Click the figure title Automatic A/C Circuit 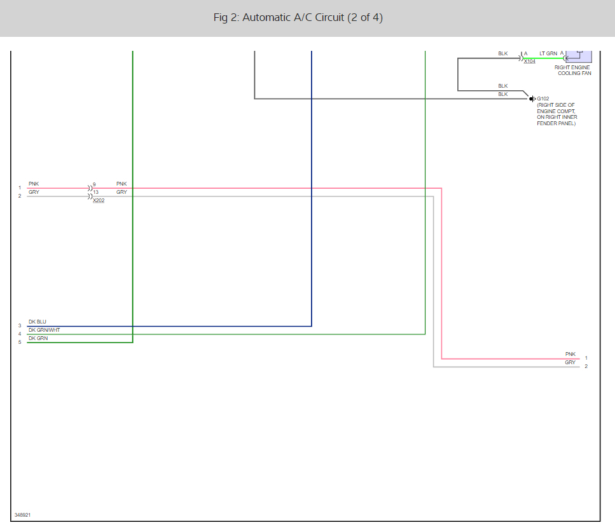(298, 18)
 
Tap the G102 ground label (543, 99)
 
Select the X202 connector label (99, 201)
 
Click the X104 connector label (530, 62)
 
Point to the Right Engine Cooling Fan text (572, 70)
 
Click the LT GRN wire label (548, 53)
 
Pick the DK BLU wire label (38, 322)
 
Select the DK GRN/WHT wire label (44, 330)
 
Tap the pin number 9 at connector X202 (94, 184)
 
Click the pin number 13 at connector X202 (95, 192)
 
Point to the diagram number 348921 (22, 515)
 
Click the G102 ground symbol (532, 99)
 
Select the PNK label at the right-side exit (570, 354)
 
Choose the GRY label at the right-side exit (570, 362)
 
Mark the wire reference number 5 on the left (20, 342)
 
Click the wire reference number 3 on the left (20, 325)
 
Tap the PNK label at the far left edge (34, 184)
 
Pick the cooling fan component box (579, 56)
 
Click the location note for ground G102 (557, 114)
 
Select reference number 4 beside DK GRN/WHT (20, 334)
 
